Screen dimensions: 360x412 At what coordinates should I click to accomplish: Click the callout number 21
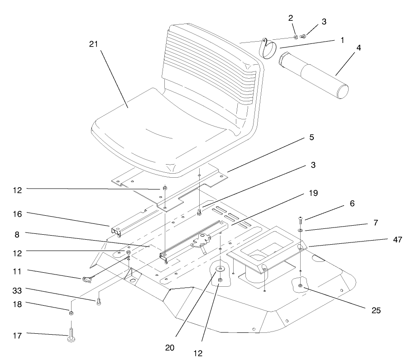click(94, 44)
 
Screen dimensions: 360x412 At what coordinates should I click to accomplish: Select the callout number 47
click(398, 240)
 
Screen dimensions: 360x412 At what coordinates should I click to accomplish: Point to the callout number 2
click(291, 18)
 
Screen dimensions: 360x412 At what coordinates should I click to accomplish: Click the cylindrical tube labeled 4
click(315, 74)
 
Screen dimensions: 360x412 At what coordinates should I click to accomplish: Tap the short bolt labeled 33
click(98, 302)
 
